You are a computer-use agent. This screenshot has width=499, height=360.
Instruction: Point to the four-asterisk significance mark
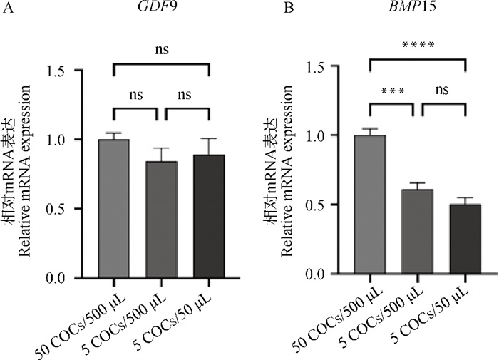417,46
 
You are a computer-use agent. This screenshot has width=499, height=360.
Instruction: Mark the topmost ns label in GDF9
162,51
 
